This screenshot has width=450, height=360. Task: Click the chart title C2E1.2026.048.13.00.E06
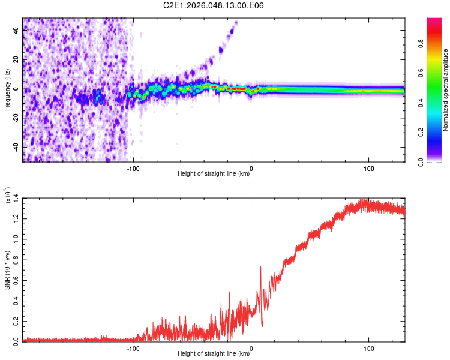click(214, 5)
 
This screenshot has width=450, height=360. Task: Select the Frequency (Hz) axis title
click(8, 89)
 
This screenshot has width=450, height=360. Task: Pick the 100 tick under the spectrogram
click(368, 167)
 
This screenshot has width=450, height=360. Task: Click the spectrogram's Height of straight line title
click(214, 174)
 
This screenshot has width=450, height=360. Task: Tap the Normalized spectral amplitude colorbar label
click(446, 90)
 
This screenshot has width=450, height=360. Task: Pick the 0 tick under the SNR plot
click(251, 347)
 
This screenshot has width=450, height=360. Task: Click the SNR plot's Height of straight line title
click(214, 354)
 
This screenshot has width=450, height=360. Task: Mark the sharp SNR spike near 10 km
click(260, 267)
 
